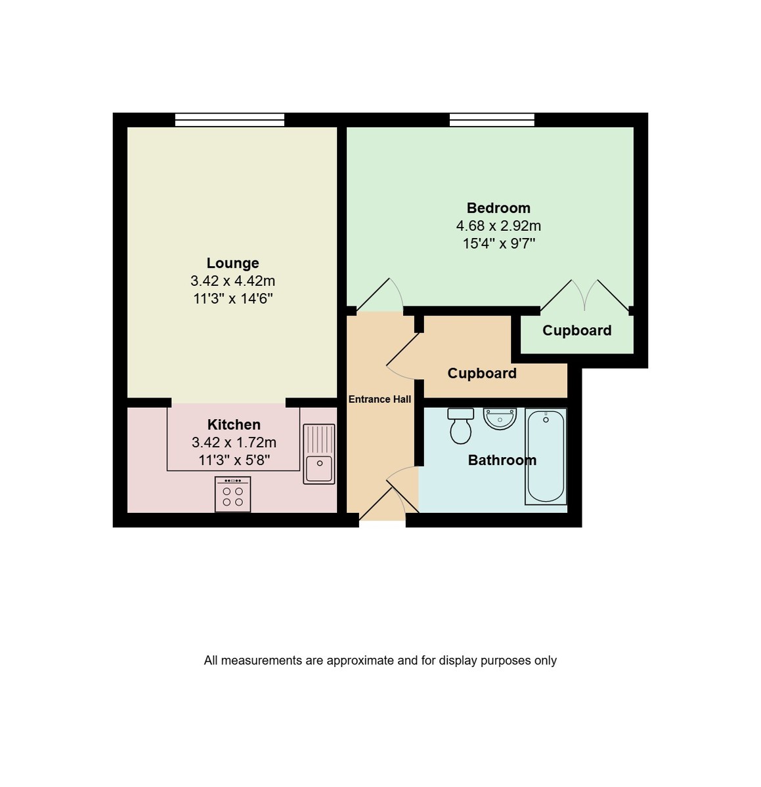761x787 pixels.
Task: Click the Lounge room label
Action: tap(232, 263)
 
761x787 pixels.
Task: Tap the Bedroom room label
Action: tap(498, 208)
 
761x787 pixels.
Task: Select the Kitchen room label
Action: tap(234, 424)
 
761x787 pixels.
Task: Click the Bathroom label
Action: tap(502, 460)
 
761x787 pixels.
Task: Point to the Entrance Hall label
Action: tap(380, 399)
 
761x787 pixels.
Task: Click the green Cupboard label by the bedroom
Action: tap(576, 331)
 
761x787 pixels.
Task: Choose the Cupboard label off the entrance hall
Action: tap(482, 373)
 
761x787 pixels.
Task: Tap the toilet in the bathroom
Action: tap(461, 426)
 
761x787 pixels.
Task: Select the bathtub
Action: tap(546, 456)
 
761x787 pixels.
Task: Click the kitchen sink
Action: tap(319, 454)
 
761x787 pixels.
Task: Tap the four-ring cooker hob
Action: tap(232, 494)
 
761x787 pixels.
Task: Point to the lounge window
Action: tap(230, 120)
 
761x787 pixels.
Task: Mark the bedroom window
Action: tap(492, 120)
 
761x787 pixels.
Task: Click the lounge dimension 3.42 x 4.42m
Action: tap(232, 281)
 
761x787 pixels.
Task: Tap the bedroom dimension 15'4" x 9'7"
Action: tap(499, 243)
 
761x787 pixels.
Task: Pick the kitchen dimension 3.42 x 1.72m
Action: tap(234, 442)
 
